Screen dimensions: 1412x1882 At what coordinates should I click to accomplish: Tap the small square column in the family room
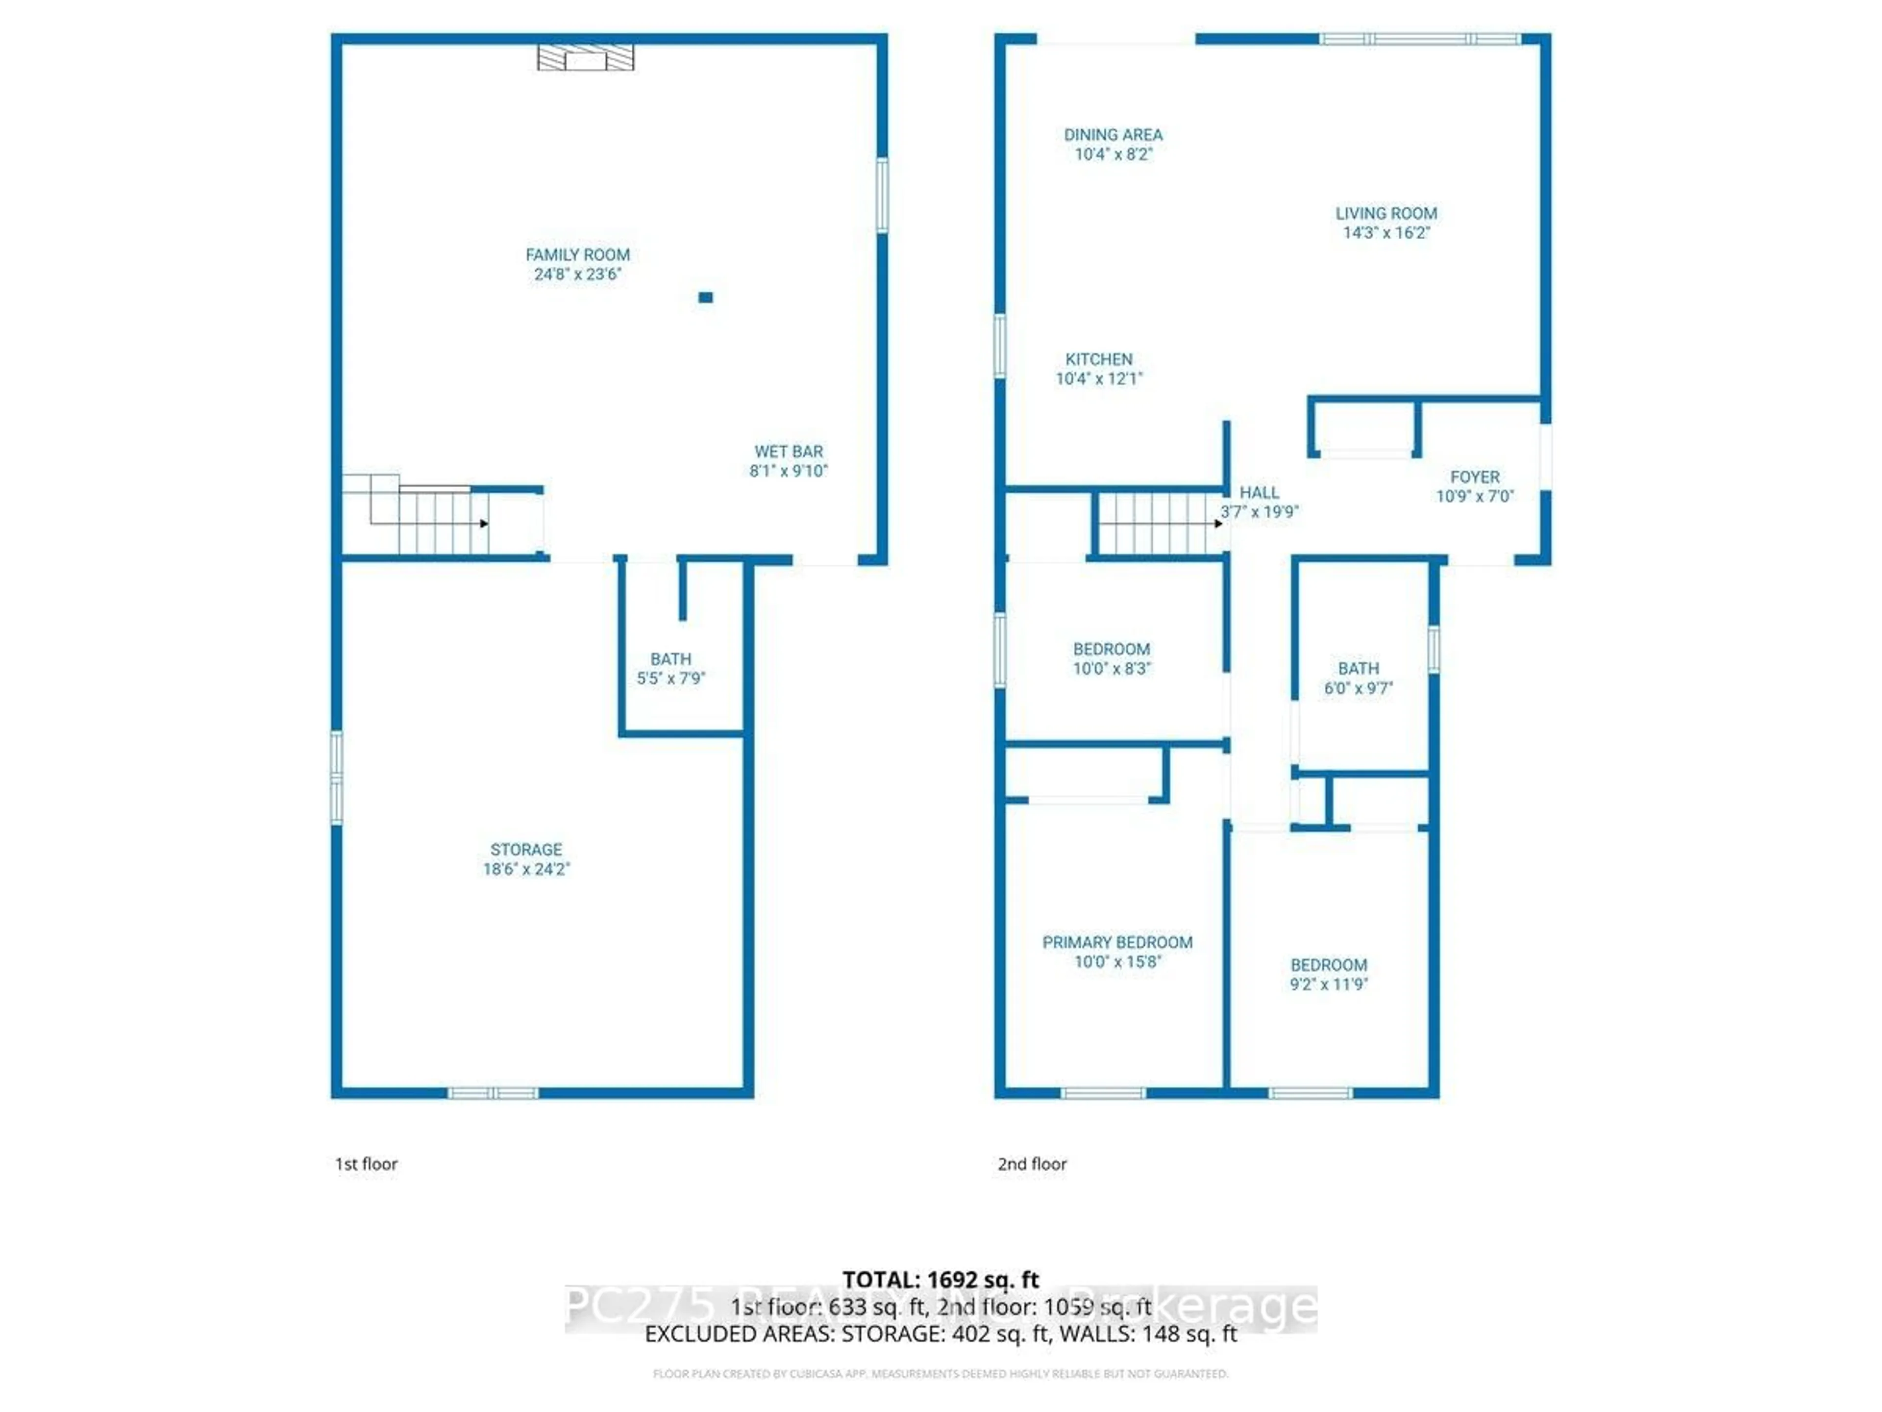[x=705, y=297]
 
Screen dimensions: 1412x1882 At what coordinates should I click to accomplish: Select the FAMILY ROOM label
[x=578, y=254]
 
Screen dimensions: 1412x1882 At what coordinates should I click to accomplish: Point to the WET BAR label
[x=789, y=451]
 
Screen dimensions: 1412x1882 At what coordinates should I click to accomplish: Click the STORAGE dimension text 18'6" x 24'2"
[x=527, y=869]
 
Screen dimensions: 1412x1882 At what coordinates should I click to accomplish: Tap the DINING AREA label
[x=1113, y=134]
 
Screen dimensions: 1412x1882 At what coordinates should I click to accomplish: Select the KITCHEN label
[x=1099, y=359]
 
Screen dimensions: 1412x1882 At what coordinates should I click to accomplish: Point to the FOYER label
[x=1474, y=477]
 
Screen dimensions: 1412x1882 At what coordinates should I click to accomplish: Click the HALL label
[x=1259, y=492]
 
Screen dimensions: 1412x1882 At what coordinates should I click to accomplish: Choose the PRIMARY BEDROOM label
[x=1117, y=942]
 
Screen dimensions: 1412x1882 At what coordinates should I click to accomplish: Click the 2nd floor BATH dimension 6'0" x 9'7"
[x=1358, y=688]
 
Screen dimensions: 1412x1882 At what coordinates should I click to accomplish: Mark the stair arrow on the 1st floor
[x=484, y=524]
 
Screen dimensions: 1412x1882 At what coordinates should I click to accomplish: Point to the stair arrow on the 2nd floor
[x=1218, y=524]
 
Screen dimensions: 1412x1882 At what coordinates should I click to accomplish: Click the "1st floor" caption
[x=366, y=1163]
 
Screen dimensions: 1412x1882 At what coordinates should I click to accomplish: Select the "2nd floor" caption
[x=1032, y=1163]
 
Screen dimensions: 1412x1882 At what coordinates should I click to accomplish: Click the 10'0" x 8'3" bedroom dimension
[x=1111, y=669]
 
